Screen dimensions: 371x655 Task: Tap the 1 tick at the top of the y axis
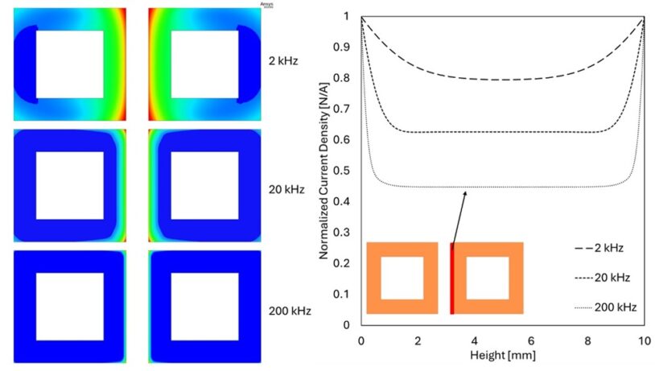[348, 16]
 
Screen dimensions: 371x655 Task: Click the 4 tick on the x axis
[475, 339]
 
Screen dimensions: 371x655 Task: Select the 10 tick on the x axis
[643, 339]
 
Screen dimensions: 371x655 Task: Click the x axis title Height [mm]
[502, 354]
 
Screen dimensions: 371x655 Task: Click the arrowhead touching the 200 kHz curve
[465, 192]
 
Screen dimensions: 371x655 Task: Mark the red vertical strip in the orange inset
[452, 278]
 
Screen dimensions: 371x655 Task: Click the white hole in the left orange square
[402, 278]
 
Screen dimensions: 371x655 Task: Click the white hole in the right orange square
[487, 278]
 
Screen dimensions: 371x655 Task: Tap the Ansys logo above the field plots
[266, 4]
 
